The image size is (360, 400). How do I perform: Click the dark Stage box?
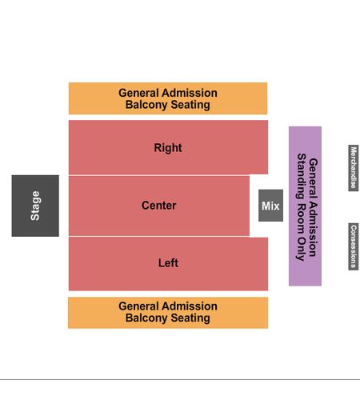click(x=35, y=206)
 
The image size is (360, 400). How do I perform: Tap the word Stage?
click(x=35, y=206)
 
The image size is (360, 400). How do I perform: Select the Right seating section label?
click(x=168, y=148)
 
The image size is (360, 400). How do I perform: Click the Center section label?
click(x=159, y=206)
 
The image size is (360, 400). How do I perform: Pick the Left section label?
click(x=168, y=263)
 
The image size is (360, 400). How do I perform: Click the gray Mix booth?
click(x=270, y=206)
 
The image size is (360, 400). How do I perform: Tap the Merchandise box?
click(x=354, y=168)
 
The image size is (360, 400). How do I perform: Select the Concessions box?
click(x=354, y=246)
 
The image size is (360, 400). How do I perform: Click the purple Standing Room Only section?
click(x=305, y=206)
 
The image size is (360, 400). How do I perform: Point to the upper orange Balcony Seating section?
click(x=168, y=98)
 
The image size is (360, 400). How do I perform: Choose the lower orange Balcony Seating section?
click(x=168, y=313)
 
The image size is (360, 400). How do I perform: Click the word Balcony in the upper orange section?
click(x=146, y=105)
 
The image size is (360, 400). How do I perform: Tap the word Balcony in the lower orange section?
click(x=146, y=318)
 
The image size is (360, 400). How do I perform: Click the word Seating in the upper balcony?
click(x=190, y=105)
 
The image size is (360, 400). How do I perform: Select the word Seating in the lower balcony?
click(x=190, y=318)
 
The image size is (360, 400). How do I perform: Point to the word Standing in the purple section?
click(x=302, y=176)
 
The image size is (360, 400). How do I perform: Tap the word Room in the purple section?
click(x=302, y=218)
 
